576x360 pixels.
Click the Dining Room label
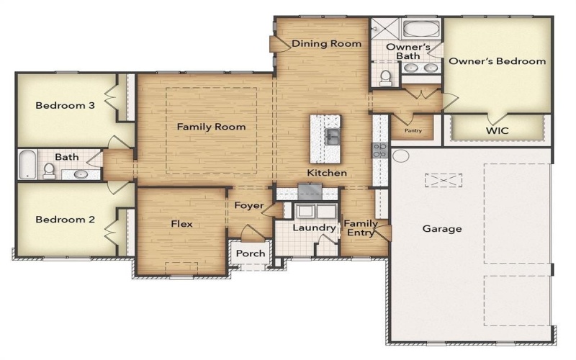pyautogui.click(x=326, y=44)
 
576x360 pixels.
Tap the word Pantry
pyautogui.click(x=413, y=130)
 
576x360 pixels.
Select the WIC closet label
pyautogui.click(x=497, y=130)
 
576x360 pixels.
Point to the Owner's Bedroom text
pyautogui.click(x=497, y=61)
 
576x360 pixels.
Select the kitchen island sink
pyautogui.click(x=333, y=135)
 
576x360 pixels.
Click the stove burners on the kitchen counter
pyautogui.click(x=379, y=150)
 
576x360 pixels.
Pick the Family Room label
pyautogui.click(x=211, y=127)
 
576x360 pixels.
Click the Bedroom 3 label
pyautogui.click(x=66, y=105)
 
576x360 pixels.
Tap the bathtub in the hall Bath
pyautogui.click(x=27, y=165)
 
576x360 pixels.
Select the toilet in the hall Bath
pyautogui.click(x=49, y=170)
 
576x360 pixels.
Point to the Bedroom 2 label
pyautogui.click(x=66, y=220)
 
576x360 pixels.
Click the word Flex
pyautogui.click(x=181, y=224)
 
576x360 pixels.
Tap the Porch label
pyautogui.click(x=251, y=253)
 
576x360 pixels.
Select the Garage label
pyautogui.click(x=442, y=229)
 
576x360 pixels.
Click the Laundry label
pyautogui.click(x=314, y=228)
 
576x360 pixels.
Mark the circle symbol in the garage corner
pyautogui.click(x=401, y=156)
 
